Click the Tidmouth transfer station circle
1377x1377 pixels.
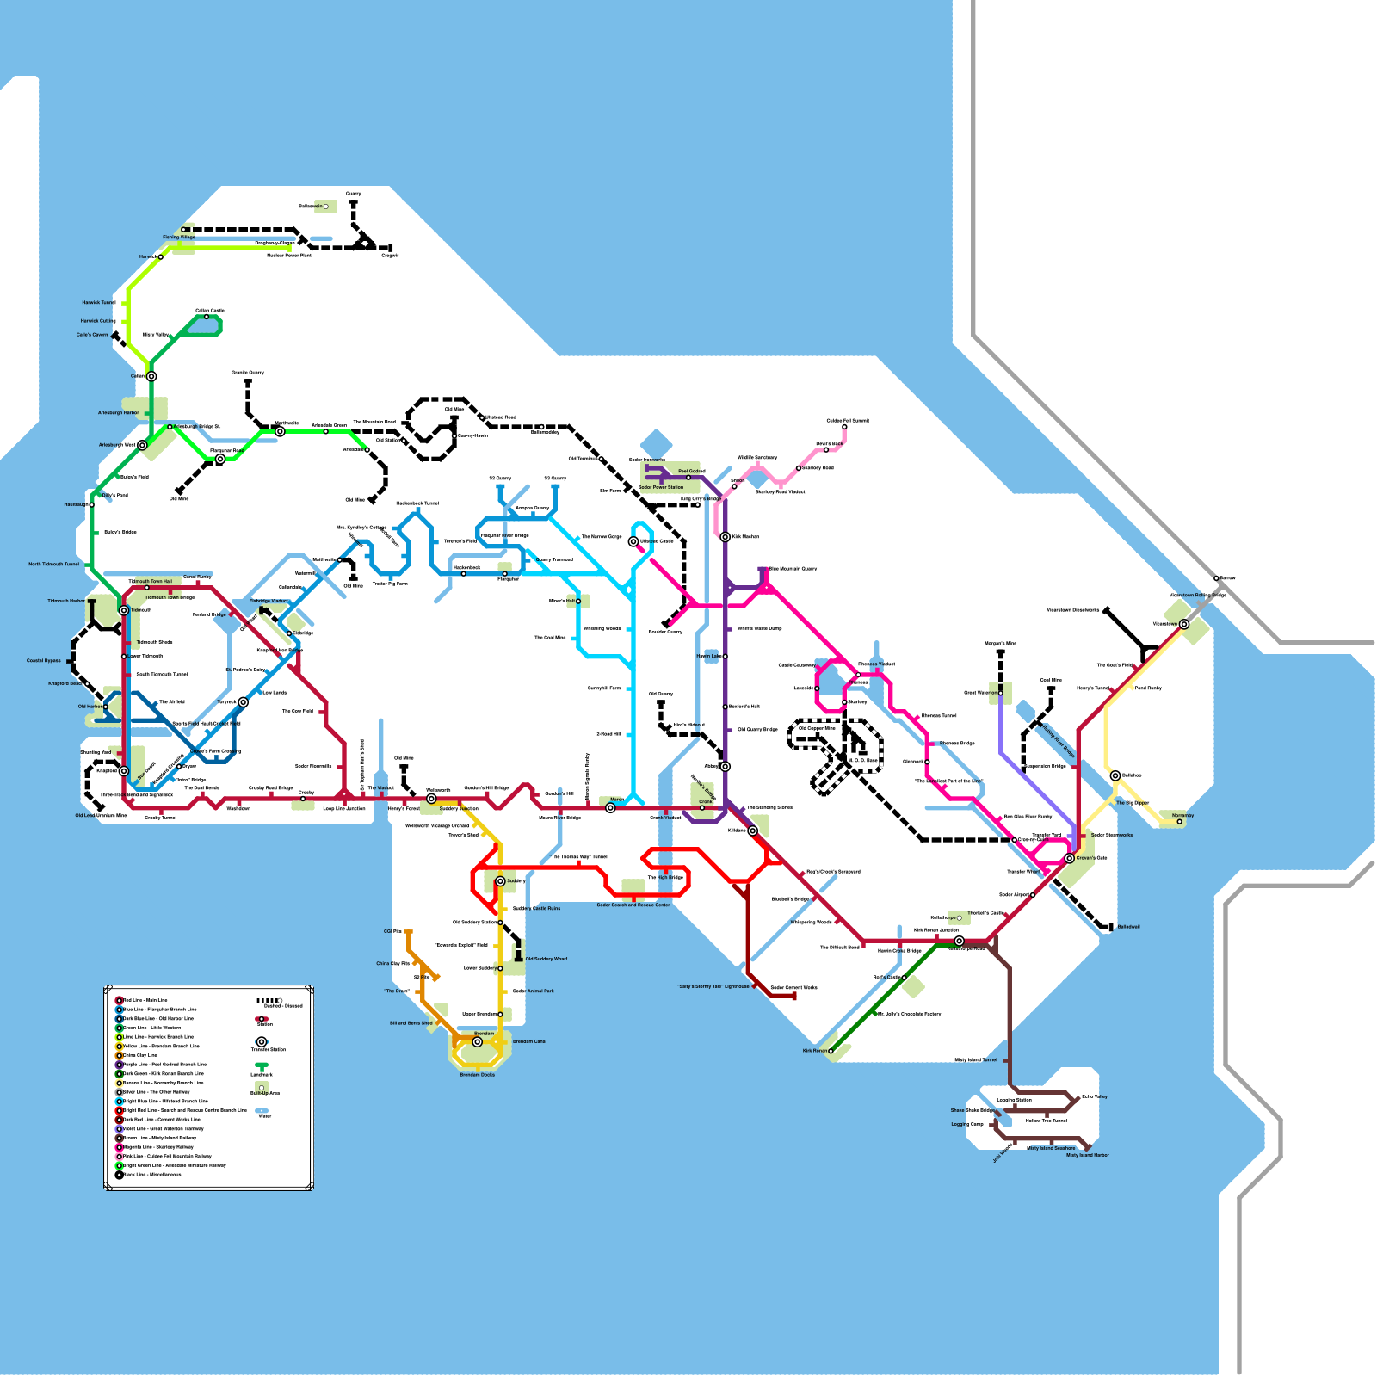pos(124,610)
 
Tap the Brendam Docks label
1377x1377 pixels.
pos(477,1075)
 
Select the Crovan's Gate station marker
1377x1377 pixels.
pos(1070,858)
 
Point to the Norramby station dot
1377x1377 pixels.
pos(1179,822)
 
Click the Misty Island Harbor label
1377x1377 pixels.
pos(1088,1155)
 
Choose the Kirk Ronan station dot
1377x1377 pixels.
pos(831,1050)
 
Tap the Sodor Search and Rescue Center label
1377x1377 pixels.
pos(633,905)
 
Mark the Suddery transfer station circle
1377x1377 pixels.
pos(500,881)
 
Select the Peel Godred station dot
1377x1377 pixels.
pos(688,477)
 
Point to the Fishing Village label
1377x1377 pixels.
pos(179,237)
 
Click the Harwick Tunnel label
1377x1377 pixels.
pos(98,303)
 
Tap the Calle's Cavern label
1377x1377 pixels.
pos(92,335)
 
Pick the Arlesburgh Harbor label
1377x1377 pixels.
pos(118,413)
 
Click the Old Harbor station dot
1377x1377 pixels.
pos(106,707)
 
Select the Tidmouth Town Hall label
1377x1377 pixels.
pos(150,582)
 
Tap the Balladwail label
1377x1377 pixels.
pos(1128,927)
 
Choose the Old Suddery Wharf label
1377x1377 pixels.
pos(546,959)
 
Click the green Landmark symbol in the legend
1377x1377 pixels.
pos(262,1067)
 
